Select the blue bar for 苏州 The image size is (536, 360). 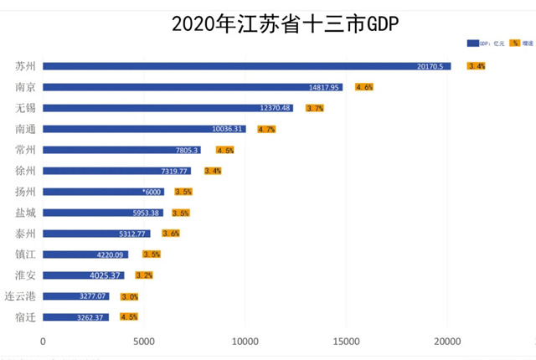(246, 66)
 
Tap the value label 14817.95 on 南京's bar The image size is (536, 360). (324, 87)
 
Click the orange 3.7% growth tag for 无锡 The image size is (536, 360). (315, 108)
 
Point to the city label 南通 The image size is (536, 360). (25, 129)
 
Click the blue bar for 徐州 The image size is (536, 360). (116, 171)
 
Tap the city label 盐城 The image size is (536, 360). (25, 213)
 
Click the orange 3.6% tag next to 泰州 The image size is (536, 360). (171, 234)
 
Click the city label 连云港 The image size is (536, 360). (20, 296)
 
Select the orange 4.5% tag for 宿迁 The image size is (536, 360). (129, 317)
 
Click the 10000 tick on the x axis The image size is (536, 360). (245, 342)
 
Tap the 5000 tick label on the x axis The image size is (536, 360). (144, 342)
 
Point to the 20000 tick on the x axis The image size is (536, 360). (447, 342)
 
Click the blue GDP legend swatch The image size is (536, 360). (472, 43)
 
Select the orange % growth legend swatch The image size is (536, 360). (513, 43)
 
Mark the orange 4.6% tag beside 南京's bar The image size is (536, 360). (363, 87)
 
